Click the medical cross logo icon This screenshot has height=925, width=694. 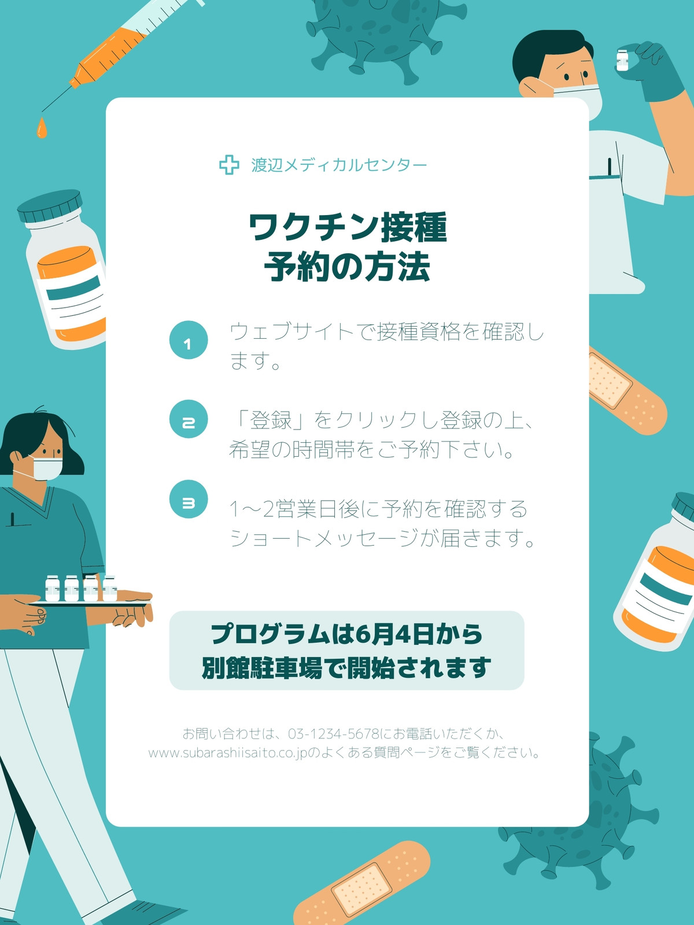pos(229,165)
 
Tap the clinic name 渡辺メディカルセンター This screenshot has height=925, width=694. pos(339,165)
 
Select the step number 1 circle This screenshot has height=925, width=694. pos(189,340)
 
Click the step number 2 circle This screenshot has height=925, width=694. pos(189,419)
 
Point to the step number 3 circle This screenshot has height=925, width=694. pos(189,499)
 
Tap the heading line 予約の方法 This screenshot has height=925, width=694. pos(347,267)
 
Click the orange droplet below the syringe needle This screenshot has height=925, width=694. pos(41,128)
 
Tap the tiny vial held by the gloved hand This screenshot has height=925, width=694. pos(622,60)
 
